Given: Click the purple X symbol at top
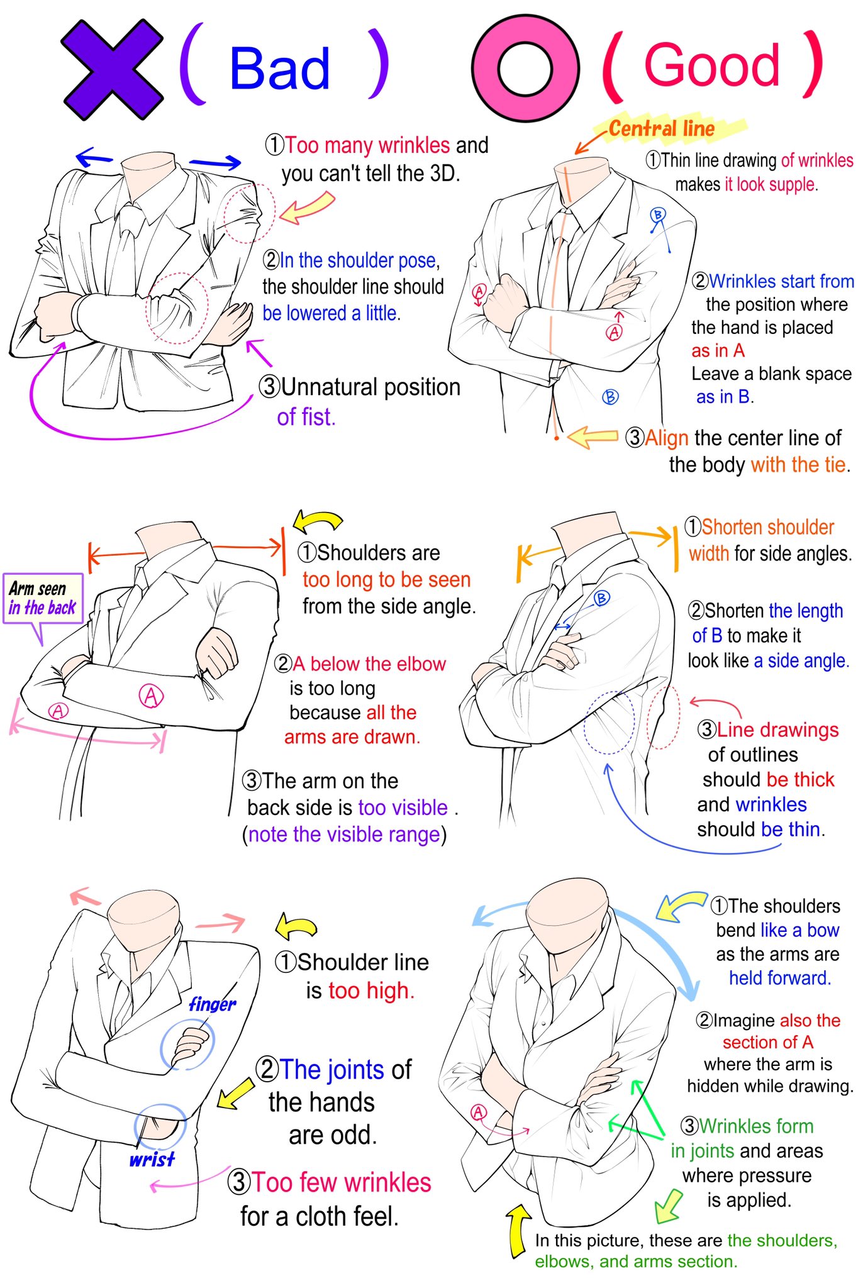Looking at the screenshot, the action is [112, 69].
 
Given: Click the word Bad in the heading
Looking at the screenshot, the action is [280, 69].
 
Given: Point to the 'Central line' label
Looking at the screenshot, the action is [662, 129].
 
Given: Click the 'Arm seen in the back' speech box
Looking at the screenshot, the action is [43, 598].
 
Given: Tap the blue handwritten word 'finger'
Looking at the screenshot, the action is [213, 1004].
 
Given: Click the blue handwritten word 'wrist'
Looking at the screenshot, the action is [152, 1158].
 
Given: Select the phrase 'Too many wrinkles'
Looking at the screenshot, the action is [367, 145].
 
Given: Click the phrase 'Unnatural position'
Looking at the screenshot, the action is [370, 387].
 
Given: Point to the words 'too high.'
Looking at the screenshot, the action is [371, 991].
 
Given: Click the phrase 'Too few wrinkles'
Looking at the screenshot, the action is [342, 1182].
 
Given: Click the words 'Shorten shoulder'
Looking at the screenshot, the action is [767, 527].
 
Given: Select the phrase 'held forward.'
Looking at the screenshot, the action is [780, 978].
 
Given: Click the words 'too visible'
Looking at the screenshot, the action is [403, 808].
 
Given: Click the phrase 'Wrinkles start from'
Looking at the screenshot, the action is [781, 281].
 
